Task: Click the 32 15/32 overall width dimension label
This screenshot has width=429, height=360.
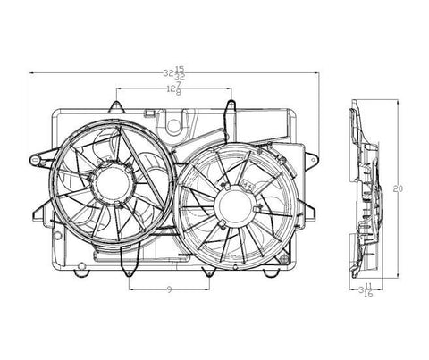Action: click(x=174, y=73)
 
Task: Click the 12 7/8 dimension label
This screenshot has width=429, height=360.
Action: click(x=174, y=88)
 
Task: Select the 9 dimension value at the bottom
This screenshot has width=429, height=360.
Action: click(x=169, y=289)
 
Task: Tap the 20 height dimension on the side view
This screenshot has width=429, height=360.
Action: click(x=398, y=188)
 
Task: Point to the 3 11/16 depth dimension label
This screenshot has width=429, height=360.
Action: click(x=366, y=290)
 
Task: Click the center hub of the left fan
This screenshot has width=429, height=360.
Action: click(x=114, y=181)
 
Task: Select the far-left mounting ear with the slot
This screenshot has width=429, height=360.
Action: click(x=38, y=159)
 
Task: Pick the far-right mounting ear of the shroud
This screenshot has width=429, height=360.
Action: click(x=312, y=159)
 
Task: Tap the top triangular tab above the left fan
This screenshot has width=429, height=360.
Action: click(x=116, y=106)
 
